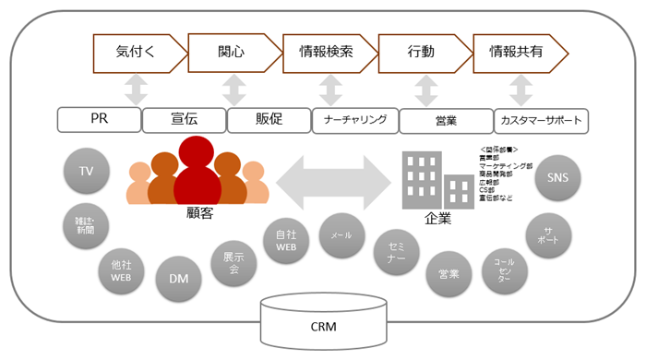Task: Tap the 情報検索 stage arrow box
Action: click(328, 53)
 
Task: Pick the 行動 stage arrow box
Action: click(423, 53)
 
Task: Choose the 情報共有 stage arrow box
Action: click(517, 53)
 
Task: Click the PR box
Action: click(99, 119)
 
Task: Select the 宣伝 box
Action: click(184, 119)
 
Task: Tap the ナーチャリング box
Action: click(354, 119)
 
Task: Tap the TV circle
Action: click(87, 172)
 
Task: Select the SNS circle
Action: click(557, 177)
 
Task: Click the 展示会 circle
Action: click(233, 265)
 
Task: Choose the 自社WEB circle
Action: click(286, 241)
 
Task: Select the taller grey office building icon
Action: click(422, 181)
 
